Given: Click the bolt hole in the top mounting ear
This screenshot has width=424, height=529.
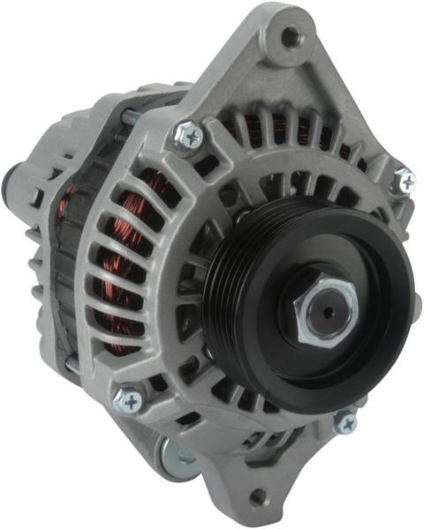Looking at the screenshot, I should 290,37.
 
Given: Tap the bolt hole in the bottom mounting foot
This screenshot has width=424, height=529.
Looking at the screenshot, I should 257,495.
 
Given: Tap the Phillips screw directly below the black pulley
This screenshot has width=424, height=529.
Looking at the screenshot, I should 344,423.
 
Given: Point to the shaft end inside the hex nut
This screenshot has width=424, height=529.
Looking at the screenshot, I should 328,310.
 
